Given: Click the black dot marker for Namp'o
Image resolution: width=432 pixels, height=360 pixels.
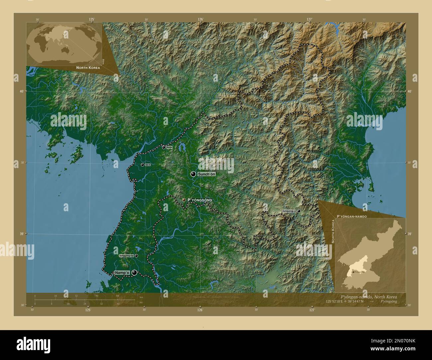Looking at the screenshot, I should (x=134, y=273).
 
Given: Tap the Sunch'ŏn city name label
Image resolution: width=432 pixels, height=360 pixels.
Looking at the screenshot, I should (x=207, y=174).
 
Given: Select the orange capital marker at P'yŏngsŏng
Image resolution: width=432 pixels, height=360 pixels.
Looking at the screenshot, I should (x=184, y=200).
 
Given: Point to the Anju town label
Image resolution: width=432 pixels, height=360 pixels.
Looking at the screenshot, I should (x=169, y=147).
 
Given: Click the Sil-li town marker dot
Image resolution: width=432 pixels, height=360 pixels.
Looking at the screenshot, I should (x=143, y=165).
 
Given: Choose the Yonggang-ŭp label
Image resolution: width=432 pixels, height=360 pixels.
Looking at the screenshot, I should (x=126, y=256).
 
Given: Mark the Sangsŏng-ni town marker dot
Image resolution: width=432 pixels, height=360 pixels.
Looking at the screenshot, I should (x=299, y=211).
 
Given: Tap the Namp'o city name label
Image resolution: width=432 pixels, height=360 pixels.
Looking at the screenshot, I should (x=122, y=273).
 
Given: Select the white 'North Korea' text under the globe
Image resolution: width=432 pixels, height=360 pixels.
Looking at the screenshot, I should (x=88, y=67).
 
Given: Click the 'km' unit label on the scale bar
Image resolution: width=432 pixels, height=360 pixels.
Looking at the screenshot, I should (x=141, y=297).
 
